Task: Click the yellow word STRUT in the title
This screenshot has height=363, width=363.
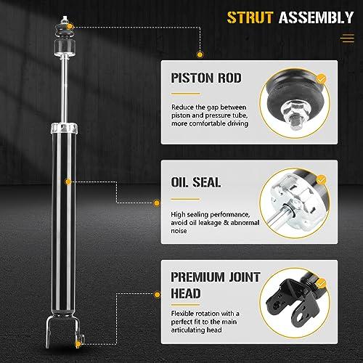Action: click(x=250, y=17)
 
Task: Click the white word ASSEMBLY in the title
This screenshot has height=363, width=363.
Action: click(x=316, y=17)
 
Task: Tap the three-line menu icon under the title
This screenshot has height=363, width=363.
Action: click(x=347, y=38)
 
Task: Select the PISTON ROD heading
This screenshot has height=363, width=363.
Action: click(x=206, y=78)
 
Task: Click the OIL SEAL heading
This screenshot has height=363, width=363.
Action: click(x=196, y=182)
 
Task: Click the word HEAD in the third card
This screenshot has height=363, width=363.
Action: click(x=186, y=293)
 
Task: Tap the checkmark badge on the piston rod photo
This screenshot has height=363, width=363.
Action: click(x=322, y=78)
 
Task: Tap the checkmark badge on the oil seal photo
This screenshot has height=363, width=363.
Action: click(x=322, y=180)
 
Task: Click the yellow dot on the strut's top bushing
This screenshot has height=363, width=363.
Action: click(x=70, y=26)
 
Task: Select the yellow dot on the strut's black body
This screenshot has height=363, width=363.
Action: click(x=68, y=181)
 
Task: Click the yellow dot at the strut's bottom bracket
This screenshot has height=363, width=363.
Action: click(x=78, y=344)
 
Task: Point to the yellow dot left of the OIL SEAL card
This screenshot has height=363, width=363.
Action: click(x=157, y=203)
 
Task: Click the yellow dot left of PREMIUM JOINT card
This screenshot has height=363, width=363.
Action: click(x=157, y=295)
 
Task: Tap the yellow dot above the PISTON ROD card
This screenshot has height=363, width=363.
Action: click(x=200, y=54)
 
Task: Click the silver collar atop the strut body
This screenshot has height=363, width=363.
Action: click(x=64, y=128)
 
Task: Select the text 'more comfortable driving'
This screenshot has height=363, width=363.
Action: click(x=210, y=123)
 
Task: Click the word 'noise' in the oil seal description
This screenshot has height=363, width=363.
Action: click(x=179, y=231)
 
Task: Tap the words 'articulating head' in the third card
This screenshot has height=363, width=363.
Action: click(x=196, y=330)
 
